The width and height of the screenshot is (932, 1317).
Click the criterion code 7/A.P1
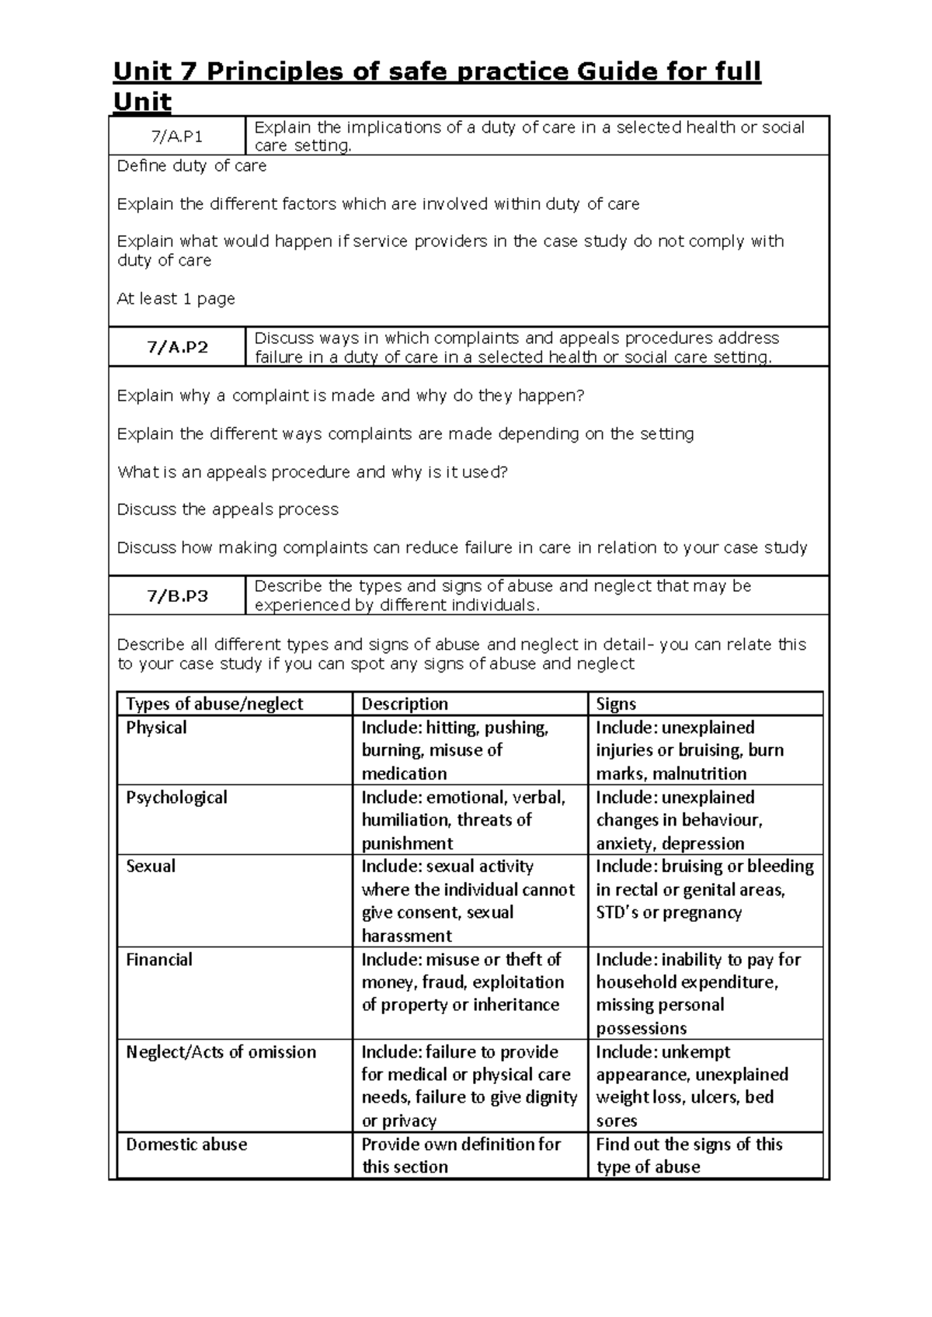click(x=177, y=137)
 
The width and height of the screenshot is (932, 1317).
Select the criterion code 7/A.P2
click(x=177, y=347)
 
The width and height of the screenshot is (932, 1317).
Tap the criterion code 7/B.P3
click(x=177, y=596)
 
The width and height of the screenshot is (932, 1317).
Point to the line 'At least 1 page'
click(x=176, y=298)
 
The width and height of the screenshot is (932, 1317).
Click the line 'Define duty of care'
click(x=191, y=165)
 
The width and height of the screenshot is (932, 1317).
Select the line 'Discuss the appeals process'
click(x=228, y=509)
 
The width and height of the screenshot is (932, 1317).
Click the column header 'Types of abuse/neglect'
click(x=214, y=704)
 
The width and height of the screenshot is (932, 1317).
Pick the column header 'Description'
click(x=405, y=704)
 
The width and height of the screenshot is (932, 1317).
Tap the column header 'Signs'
click(x=616, y=704)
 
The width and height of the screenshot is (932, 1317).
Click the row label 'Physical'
click(x=156, y=728)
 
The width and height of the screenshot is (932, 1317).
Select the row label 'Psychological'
click(x=176, y=797)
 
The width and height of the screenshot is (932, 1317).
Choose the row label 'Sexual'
click(x=151, y=866)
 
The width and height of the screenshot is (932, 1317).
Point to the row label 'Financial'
click(x=158, y=959)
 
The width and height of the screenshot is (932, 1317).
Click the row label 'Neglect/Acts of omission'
click(x=221, y=1051)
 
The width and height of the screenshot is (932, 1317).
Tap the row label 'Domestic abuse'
click(x=186, y=1144)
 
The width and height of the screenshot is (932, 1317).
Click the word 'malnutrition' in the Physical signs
click(x=699, y=773)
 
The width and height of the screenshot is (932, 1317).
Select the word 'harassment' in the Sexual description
click(x=406, y=936)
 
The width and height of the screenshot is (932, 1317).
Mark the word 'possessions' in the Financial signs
click(x=642, y=1028)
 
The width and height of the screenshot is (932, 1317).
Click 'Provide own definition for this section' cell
click(x=461, y=1155)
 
